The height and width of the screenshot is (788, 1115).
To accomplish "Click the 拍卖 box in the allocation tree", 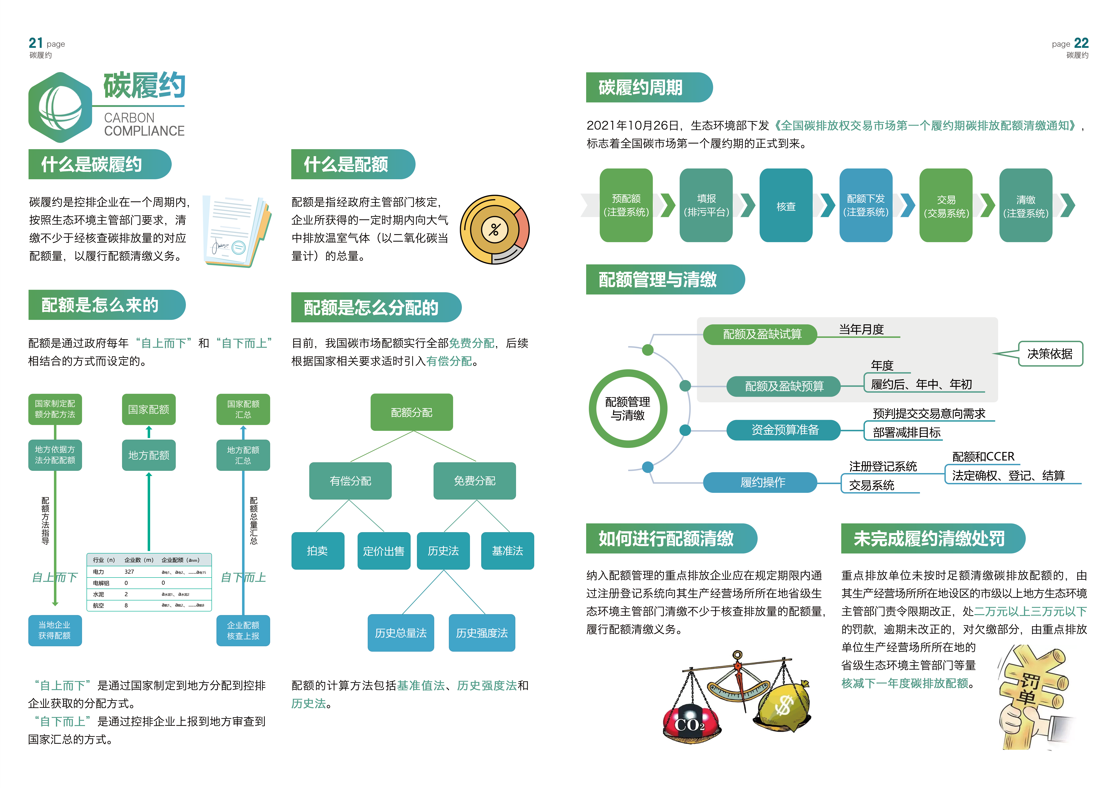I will tap(318, 551).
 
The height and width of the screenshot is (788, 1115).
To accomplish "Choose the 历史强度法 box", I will tap(482, 633).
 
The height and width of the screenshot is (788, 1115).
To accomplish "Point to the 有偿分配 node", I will tap(350, 481).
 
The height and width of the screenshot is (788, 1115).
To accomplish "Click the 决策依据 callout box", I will tap(1050, 354).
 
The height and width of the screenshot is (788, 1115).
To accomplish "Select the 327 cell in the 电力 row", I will tap(129, 572).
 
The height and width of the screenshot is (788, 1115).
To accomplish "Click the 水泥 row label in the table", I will tap(99, 594).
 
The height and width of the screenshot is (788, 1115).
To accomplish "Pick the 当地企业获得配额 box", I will tap(55, 630).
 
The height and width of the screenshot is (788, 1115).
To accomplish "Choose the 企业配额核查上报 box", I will tap(243, 630).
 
